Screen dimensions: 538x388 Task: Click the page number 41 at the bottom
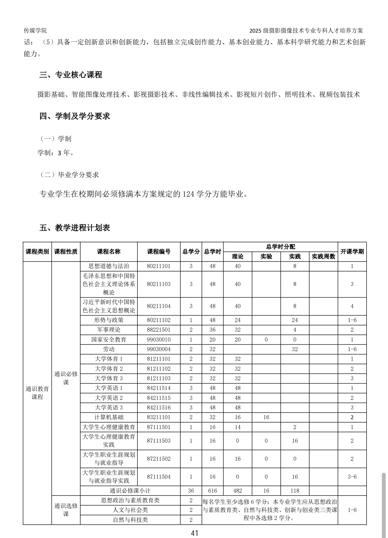[x=194, y=533]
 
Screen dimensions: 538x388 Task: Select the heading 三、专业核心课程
[x=71, y=75]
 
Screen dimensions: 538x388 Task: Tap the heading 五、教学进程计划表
[x=75, y=228]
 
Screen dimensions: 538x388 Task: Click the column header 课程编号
[x=158, y=252]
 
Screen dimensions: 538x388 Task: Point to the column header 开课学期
[x=352, y=252]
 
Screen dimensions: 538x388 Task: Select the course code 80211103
[x=158, y=284]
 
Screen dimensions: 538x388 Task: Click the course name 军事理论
[x=109, y=330]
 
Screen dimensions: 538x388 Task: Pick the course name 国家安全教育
[x=109, y=339]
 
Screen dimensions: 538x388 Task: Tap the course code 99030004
[x=158, y=349]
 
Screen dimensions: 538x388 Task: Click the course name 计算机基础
[x=109, y=417]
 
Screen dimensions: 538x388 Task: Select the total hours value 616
[x=212, y=491]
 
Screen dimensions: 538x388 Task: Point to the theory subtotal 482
[x=237, y=491]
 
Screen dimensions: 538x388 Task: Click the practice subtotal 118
[x=295, y=491]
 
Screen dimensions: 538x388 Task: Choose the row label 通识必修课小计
[x=130, y=491]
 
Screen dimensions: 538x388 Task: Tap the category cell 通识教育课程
[x=37, y=393]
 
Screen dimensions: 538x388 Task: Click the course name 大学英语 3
[x=109, y=408]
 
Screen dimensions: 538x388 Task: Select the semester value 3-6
[x=352, y=477]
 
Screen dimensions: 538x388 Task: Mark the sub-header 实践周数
[x=323, y=257]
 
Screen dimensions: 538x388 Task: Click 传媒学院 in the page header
[x=35, y=30]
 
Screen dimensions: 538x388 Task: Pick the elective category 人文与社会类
[x=130, y=510]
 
